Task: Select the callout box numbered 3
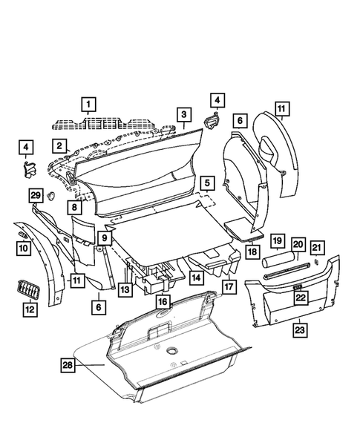pyautogui.click(x=181, y=114)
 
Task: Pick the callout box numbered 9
pyautogui.click(x=105, y=238)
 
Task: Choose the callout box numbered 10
pyautogui.click(x=22, y=247)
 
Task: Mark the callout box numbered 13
pyautogui.click(x=126, y=289)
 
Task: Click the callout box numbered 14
pyautogui.click(x=196, y=278)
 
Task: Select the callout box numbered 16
pyautogui.click(x=163, y=302)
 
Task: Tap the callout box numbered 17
pyautogui.click(x=228, y=284)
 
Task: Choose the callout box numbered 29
pyautogui.click(x=35, y=195)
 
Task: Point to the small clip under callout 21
pyautogui.click(x=316, y=260)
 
